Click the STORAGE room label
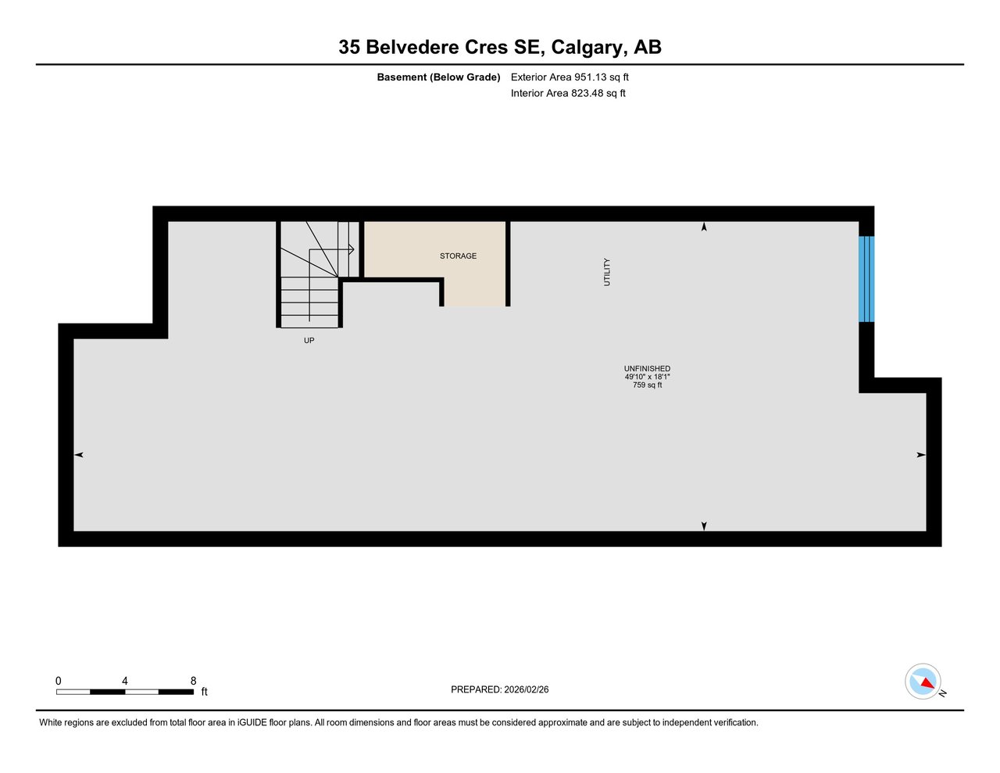pos(458,256)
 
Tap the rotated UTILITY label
pos(607,272)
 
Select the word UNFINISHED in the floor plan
pos(647,369)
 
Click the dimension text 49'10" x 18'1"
pos(647,377)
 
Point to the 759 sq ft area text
pos(647,385)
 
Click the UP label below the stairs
pos(309,341)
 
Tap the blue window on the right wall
pos(866,279)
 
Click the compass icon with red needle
pos(923,682)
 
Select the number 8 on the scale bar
pos(193,681)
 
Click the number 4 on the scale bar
pos(125,681)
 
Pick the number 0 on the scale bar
pos(59,681)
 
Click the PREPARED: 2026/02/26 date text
pos(500,689)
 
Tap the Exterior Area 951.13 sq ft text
pos(570,77)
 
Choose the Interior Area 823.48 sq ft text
pos(568,93)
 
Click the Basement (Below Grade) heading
pos(438,77)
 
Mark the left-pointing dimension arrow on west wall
pos(79,455)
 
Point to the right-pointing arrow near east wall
pos(921,455)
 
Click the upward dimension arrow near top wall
pos(704,227)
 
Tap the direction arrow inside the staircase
pos(350,249)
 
